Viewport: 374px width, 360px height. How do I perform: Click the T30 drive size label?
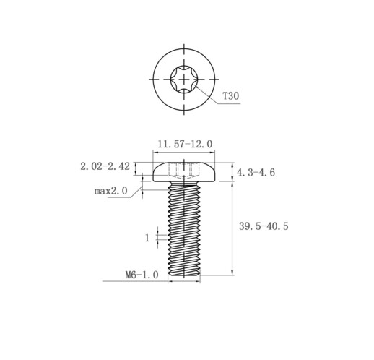click(231, 96)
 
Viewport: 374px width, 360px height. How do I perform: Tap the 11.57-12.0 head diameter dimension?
click(185, 144)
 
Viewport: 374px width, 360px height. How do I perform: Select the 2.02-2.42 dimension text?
click(105, 166)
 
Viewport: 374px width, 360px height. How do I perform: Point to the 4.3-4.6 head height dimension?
click(256, 173)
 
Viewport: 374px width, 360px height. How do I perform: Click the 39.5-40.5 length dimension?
click(264, 226)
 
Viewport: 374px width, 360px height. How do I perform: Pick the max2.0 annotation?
click(110, 191)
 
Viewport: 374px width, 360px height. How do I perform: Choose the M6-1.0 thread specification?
click(142, 275)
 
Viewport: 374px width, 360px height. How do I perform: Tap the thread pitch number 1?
click(147, 238)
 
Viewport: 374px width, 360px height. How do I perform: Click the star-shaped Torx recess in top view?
click(184, 79)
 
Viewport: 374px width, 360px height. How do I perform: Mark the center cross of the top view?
click(184, 79)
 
